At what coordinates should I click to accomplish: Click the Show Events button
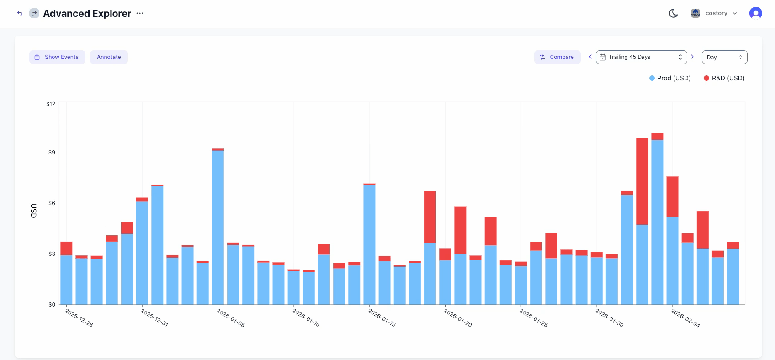[57, 57]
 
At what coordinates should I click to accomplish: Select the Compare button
[557, 57]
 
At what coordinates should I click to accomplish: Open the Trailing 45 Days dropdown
[641, 57]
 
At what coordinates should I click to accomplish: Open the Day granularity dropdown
[724, 57]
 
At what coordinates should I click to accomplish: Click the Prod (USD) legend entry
[670, 78]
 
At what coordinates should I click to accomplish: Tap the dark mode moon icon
[673, 13]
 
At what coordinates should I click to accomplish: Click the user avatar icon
[755, 13]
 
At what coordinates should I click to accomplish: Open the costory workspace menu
[716, 13]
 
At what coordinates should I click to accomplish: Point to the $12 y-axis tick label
[51, 104]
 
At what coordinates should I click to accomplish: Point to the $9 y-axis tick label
[52, 153]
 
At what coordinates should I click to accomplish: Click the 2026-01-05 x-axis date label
[230, 318]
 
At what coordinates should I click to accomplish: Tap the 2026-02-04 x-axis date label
[685, 318]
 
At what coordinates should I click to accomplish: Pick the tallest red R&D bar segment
[642, 181]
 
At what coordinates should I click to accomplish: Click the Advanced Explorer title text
[87, 14]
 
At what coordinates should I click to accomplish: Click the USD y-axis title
[34, 211]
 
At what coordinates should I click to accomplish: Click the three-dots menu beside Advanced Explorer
[140, 13]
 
